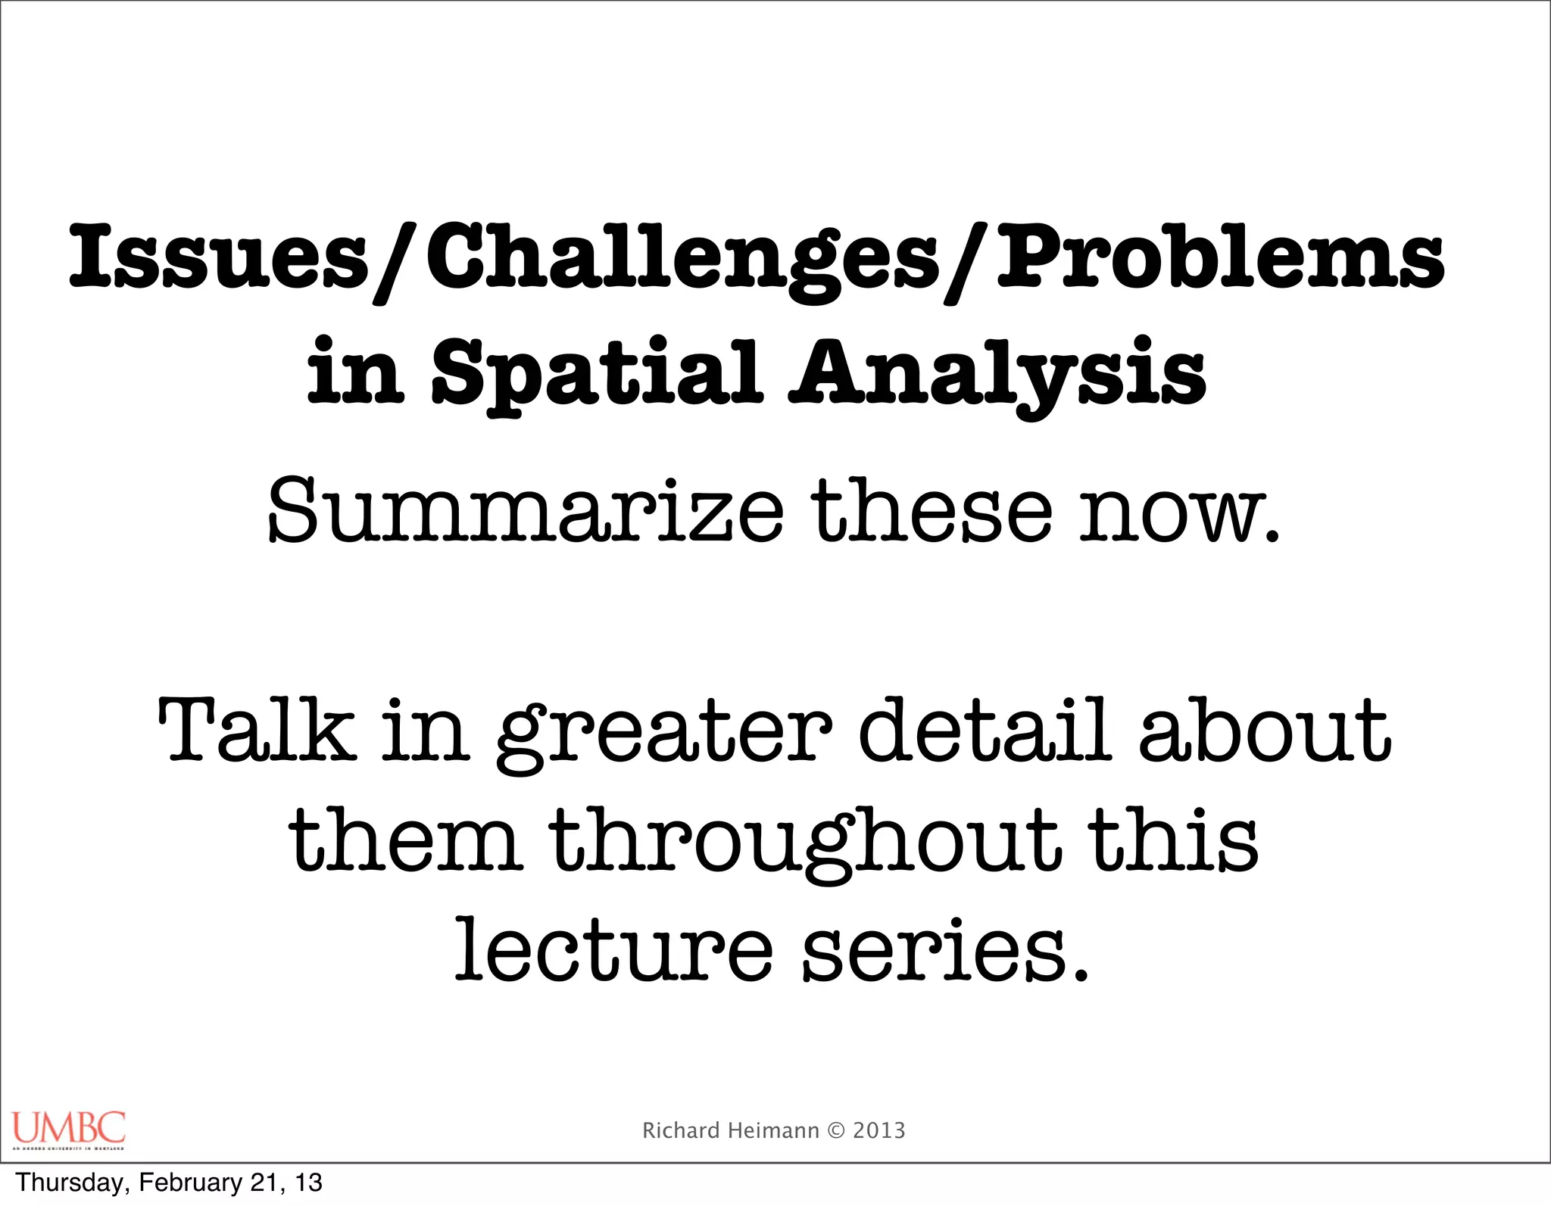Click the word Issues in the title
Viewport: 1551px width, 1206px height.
[219, 257]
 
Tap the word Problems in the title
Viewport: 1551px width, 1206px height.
[1220, 257]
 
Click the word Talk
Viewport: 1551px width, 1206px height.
[257, 731]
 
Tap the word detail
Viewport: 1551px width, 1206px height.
[985, 731]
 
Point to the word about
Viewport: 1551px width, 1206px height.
[1265, 731]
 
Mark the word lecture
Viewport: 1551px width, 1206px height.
[613, 950]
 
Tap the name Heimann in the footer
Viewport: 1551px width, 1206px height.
[773, 1130]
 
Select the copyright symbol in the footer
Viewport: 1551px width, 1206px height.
[836, 1131]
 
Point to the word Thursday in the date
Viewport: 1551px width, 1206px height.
[73, 1183]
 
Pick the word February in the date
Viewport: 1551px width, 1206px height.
[189, 1183]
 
